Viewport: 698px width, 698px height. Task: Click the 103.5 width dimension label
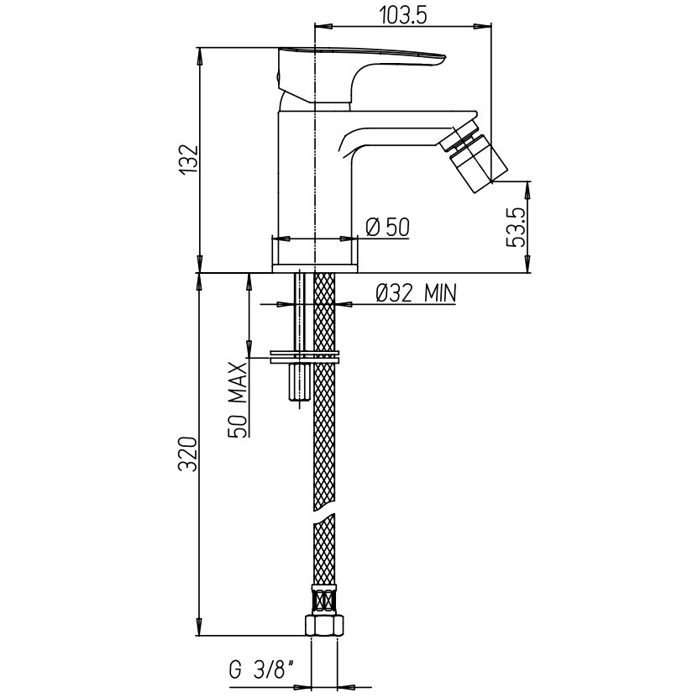(403, 16)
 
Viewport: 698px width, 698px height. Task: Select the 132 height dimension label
(189, 160)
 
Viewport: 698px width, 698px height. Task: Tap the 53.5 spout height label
(516, 227)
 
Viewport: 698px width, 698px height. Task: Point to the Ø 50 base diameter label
(387, 227)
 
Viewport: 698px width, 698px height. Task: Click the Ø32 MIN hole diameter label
(417, 293)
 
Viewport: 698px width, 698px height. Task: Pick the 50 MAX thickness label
(237, 400)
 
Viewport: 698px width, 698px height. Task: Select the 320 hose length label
(187, 454)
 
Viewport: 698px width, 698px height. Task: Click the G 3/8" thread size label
(262, 669)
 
